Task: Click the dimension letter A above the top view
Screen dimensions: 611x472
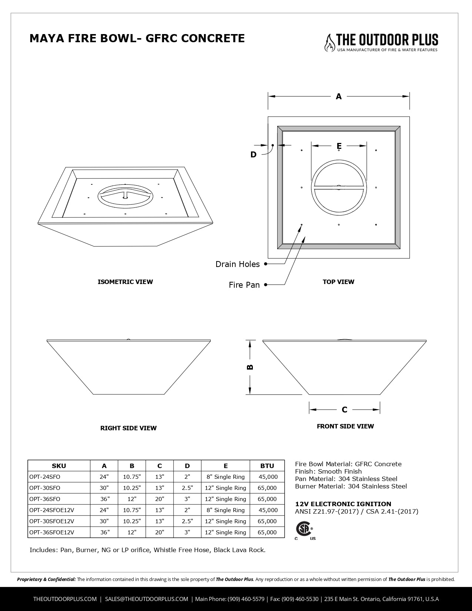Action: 339,97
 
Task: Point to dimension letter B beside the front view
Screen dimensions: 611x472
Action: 250,367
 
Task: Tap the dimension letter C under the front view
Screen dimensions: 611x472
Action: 345,410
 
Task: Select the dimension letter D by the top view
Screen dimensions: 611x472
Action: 253,155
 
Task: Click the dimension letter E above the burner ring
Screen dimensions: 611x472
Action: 339,146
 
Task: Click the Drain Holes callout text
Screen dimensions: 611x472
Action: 238,264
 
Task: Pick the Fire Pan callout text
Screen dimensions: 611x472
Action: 244,285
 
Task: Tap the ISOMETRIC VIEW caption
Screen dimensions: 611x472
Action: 125,282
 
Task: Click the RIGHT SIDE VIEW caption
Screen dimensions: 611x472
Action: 128,428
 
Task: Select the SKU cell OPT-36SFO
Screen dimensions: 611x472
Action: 44,499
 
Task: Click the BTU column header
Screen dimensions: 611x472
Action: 267,466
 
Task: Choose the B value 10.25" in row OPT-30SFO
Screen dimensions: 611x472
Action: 132,488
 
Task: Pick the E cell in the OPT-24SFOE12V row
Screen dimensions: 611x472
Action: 225,510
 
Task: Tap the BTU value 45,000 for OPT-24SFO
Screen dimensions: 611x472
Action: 268,477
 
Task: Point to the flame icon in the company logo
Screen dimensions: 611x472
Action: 329,43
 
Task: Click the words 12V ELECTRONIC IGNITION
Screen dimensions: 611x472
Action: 343,504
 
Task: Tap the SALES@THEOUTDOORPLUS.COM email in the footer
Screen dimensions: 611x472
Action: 147,599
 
